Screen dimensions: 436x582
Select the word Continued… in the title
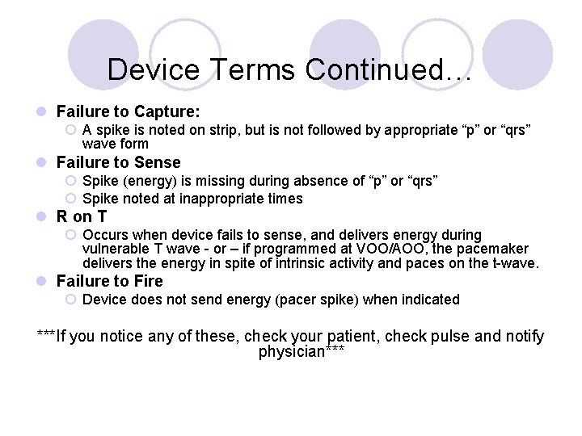(389, 69)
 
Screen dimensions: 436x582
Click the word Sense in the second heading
(159, 162)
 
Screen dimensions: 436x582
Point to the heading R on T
(82, 216)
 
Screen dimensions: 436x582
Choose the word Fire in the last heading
(148, 281)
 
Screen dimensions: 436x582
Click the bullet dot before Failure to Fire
(42, 282)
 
